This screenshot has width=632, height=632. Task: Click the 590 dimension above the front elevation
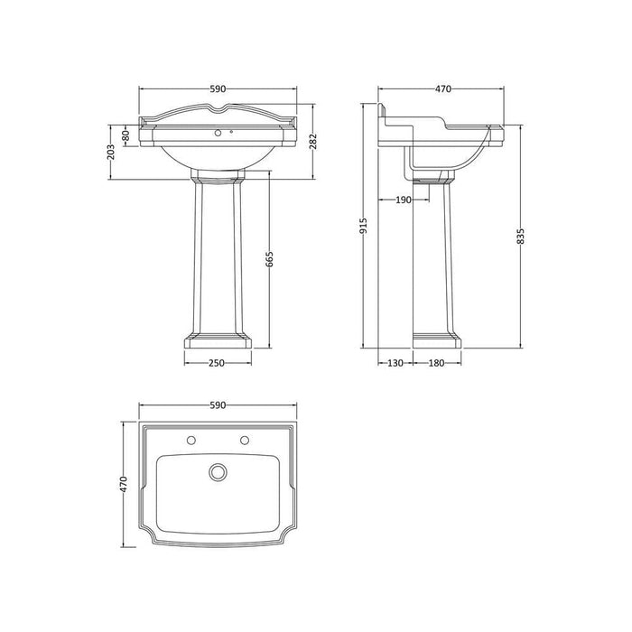[x=218, y=88]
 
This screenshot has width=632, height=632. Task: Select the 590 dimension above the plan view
[x=217, y=407]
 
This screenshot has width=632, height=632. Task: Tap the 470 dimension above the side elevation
[x=442, y=88]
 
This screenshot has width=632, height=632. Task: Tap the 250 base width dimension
[x=217, y=362]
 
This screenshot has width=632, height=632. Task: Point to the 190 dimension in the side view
[x=403, y=200]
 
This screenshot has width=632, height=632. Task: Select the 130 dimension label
[x=395, y=362]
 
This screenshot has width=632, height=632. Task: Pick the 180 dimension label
[x=436, y=362]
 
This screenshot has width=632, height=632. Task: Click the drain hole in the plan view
[x=217, y=471]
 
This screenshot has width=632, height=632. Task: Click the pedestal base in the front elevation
[x=218, y=340]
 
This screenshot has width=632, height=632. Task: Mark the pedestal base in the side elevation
[x=438, y=340]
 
